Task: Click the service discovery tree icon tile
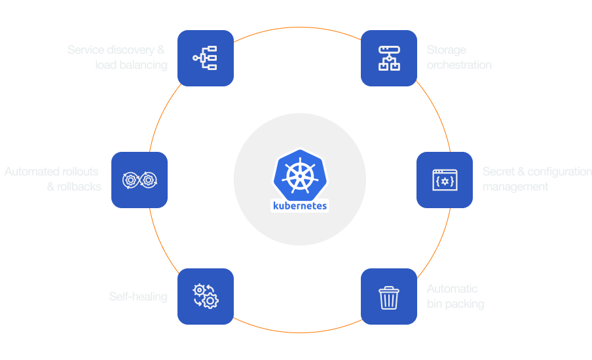205,58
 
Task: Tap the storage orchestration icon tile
389,58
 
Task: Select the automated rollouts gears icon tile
139,180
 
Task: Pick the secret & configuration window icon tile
445,180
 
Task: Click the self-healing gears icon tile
205,296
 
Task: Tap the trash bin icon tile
389,296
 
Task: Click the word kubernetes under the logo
299,206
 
